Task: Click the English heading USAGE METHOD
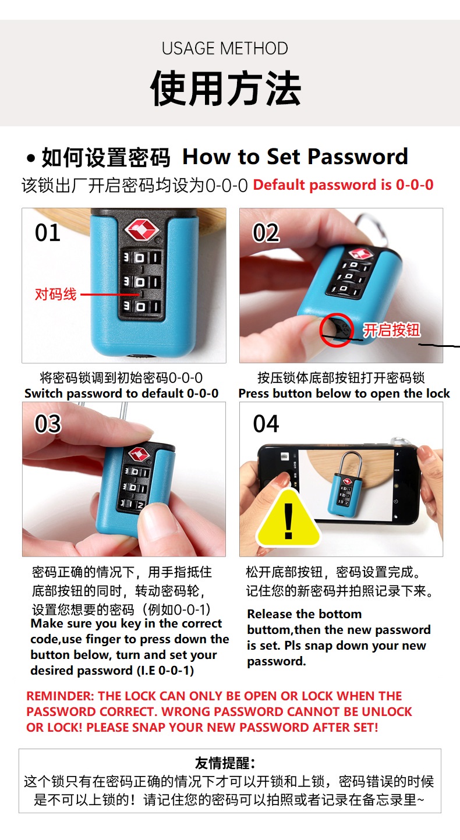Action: pyautogui.click(x=225, y=48)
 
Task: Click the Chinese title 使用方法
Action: pyautogui.click(x=225, y=89)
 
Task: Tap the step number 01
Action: pyautogui.click(x=48, y=233)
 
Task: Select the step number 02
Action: pyautogui.click(x=266, y=233)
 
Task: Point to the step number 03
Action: pyautogui.click(x=48, y=424)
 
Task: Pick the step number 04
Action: pyautogui.click(x=266, y=424)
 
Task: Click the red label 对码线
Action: pyautogui.click(x=56, y=294)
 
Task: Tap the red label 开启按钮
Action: pyautogui.click(x=391, y=330)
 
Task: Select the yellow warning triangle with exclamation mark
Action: pyautogui.click(x=288, y=520)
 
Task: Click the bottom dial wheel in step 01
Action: pyautogui.click(x=140, y=306)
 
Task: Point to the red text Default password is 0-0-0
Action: pyautogui.click(x=343, y=185)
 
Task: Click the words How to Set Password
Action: pyautogui.click(x=295, y=157)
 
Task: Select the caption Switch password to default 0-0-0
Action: pyautogui.click(x=121, y=394)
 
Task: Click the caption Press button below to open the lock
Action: pyautogui.click(x=344, y=394)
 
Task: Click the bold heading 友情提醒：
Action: pyautogui.click(x=225, y=763)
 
